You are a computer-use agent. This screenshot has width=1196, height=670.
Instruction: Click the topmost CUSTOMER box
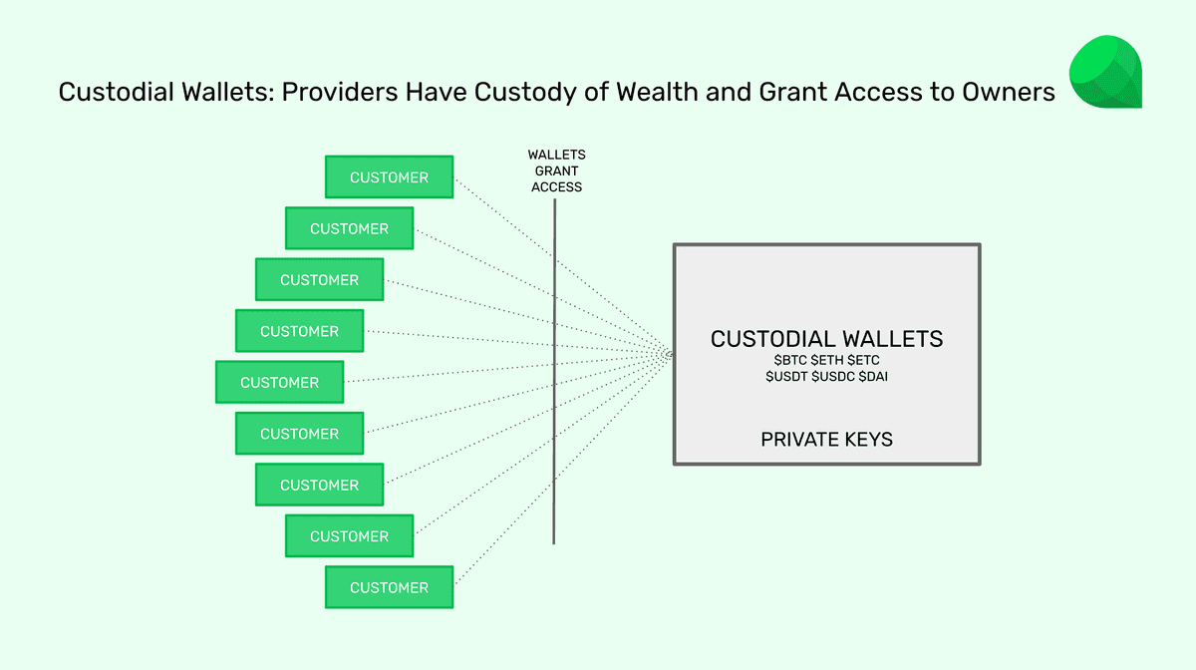pos(389,177)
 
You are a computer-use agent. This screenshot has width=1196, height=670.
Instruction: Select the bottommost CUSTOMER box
pos(389,587)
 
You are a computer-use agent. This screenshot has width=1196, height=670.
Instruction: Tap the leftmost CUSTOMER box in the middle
pos(279,383)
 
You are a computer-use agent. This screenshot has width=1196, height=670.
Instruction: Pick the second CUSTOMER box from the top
pos(349,228)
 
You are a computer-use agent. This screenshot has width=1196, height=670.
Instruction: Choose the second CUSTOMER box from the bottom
pos(349,536)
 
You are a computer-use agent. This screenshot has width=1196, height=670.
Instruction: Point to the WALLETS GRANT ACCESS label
pos(556,170)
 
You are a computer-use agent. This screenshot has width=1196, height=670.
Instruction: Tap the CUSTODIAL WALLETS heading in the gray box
pos(826,339)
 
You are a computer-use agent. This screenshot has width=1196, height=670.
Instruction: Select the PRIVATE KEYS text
pos(826,439)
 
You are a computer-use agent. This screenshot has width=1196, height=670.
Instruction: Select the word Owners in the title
pos(1009,93)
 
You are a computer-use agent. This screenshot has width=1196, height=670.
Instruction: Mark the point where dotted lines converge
pos(669,355)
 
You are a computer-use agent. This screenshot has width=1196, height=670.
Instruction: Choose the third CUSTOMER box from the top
pos(319,280)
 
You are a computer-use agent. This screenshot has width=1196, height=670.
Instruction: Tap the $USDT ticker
pos(786,377)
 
